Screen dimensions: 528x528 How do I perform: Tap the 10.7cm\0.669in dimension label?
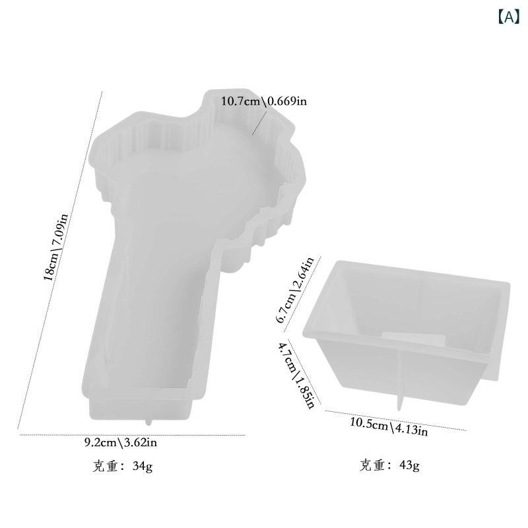[263, 101]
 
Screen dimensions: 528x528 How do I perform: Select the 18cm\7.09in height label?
[55, 247]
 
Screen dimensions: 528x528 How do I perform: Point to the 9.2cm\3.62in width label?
[121, 442]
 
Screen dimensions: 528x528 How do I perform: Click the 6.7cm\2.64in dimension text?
[294, 290]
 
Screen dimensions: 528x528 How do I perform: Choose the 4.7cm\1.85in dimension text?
[296, 374]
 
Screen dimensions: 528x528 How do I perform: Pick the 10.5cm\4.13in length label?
[389, 426]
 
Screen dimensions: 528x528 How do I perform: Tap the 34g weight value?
[143, 467]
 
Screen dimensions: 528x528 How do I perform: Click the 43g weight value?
[409, 465]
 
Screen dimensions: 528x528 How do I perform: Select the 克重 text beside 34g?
[105, 467]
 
